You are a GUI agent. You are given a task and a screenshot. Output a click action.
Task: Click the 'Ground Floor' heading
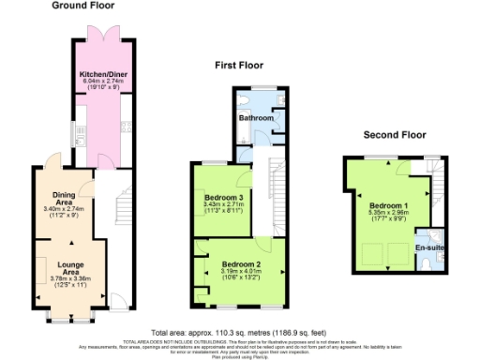[x=83, y=6]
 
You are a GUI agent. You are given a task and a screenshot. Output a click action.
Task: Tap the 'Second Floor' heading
[x=394, y=135]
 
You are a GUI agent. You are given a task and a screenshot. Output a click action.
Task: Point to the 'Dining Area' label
[x=64, y=199]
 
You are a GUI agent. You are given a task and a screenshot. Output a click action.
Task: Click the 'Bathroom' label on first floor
[x=254, y=119]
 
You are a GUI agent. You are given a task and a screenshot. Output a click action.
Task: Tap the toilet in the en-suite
[x=427, y=263]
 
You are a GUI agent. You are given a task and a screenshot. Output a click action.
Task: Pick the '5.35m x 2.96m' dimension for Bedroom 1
[x=386, y=212]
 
